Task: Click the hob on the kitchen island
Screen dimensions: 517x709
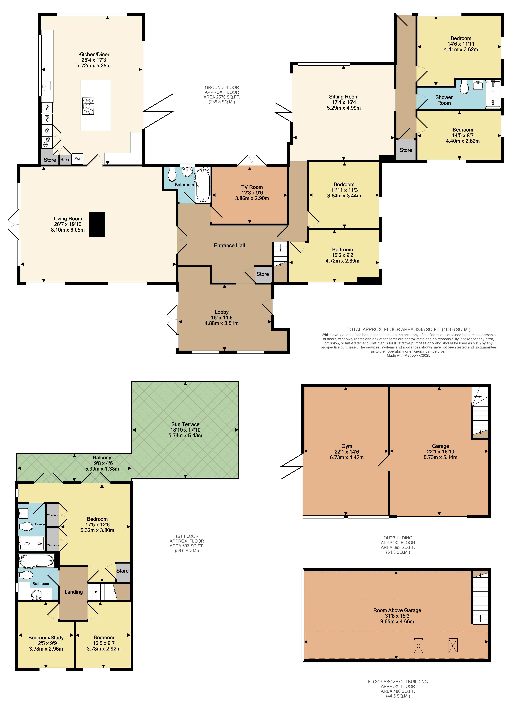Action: coord(88,106)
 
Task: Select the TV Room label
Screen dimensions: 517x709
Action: coord(252,187)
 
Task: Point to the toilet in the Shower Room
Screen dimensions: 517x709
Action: coord(464,87)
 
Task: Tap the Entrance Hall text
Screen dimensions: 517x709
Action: coord(229,246)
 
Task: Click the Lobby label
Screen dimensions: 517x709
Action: coord(222,312)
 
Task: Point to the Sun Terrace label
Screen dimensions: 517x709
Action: coord(185,424)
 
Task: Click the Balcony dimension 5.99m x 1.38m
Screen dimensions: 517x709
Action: coord(102,469)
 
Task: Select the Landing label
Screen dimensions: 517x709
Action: coord(74,592)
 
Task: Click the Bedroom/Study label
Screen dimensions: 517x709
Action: coord(46,638)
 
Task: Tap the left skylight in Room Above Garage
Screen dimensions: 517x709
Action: coord(418,645)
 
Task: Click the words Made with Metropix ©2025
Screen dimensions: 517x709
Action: coord(408,356)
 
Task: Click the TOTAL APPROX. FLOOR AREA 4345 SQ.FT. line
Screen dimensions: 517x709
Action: coord(408,329)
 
